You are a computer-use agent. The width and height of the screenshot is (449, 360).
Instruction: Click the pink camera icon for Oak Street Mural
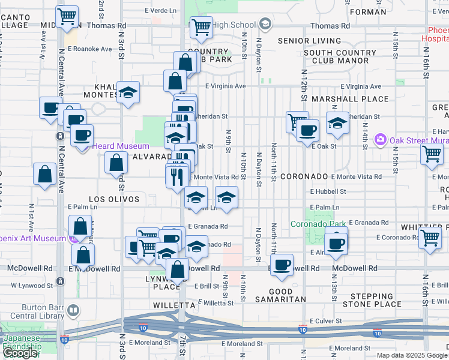[379, 140]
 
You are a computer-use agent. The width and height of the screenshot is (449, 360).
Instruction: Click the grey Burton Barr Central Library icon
[73, 311]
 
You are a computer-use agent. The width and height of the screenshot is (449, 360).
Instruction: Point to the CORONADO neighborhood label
[304, 177]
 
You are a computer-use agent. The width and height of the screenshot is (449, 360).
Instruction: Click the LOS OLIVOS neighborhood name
[114, 199]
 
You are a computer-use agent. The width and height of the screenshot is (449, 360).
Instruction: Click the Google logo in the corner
[20, 353]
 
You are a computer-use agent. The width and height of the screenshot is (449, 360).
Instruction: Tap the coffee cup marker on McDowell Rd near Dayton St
[281, 265]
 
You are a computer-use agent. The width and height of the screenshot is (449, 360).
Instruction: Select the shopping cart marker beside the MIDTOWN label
[67, 16]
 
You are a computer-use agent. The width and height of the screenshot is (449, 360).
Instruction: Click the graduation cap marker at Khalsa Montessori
[128, 92]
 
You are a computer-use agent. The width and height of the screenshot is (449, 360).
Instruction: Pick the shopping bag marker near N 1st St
[45, 175]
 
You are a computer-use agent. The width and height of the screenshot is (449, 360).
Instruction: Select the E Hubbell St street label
[328, 191]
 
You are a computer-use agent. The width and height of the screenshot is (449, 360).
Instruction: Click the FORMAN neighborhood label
[367, 11]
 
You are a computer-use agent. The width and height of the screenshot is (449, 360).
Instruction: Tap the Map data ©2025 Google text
[412, 355]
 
